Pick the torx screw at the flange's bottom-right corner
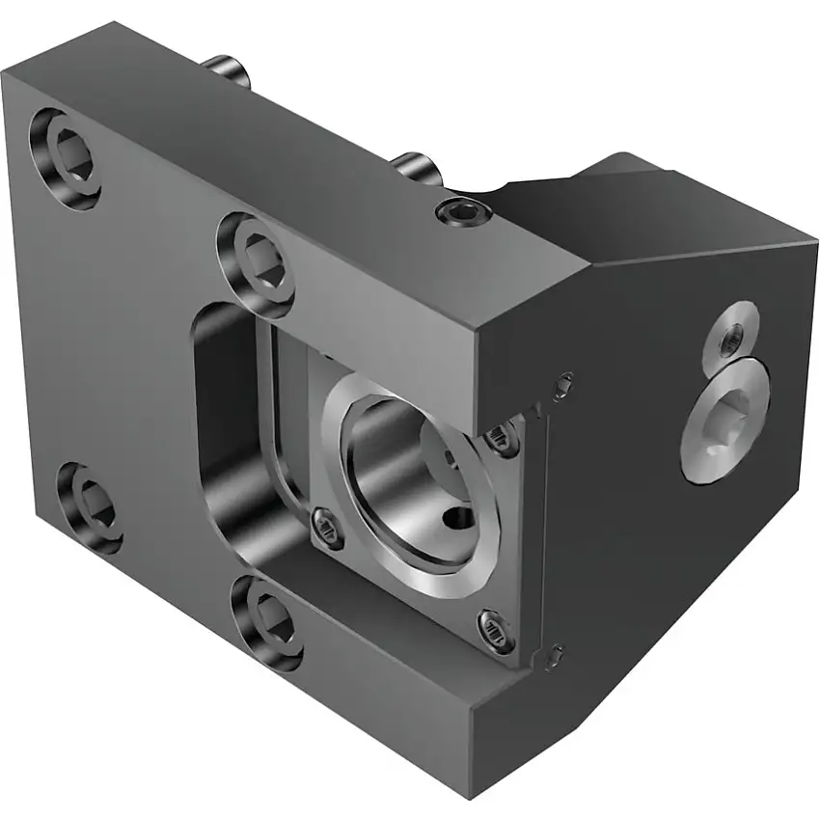tap(495, 632)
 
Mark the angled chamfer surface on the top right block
tap(550, 207)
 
